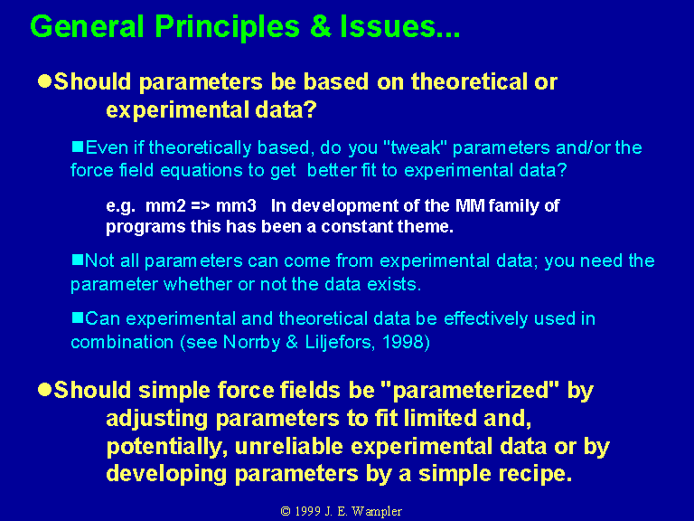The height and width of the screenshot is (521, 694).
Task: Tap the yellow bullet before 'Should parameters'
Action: click(x=44, y=81)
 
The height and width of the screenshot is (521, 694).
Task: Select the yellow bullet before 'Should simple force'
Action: click(x=44, y=390)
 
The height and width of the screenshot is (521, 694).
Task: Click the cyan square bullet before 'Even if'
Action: click(x=78, y=147)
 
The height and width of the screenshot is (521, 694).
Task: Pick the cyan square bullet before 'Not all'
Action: click(x=78, y=260)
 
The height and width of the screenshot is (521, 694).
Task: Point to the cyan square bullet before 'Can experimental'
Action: click(x=78, y=317)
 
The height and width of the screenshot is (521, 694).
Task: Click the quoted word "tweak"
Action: click(x=416, y=147)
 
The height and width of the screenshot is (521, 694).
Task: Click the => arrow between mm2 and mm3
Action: click(x=201, y=206)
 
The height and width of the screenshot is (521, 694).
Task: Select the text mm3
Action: click(x=236, y=206)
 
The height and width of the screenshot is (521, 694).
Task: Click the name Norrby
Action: click(x=251, y=343)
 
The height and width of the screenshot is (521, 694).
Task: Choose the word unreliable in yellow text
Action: click(x=289, y=447)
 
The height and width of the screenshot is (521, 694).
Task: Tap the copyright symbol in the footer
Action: click(x=286, y=511)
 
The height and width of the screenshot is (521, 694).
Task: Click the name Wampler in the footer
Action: click(x=377, y=511)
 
